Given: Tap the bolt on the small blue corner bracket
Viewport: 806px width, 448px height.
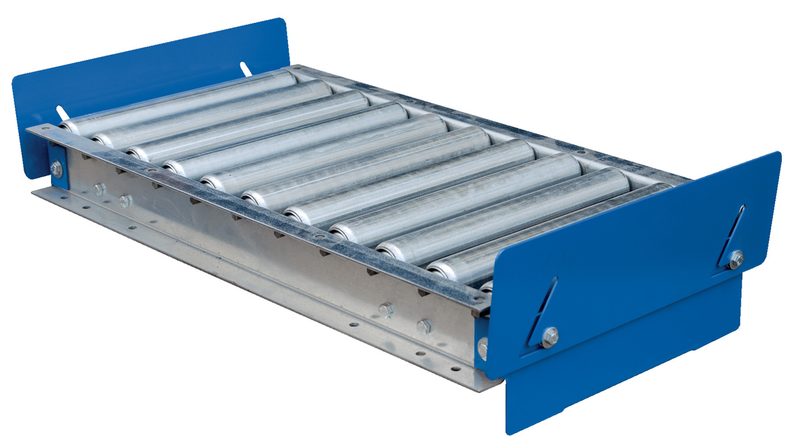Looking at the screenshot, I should pyautogui.click(x=56, y=169).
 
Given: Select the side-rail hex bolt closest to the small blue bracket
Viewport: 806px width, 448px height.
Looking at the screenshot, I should pyautogui.click(x=99, y=190).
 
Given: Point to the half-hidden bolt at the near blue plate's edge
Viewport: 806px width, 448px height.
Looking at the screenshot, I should pyautogui.click(x=482, y=348).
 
